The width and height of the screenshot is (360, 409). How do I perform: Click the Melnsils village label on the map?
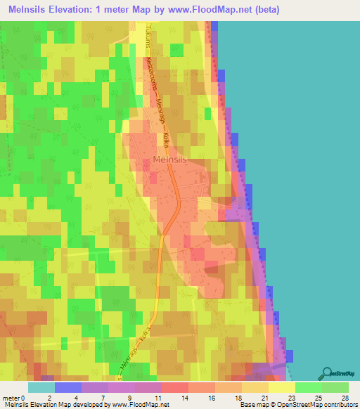[170, 160]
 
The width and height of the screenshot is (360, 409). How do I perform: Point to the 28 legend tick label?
[344, 398]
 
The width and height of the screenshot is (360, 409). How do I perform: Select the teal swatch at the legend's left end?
[41, 387]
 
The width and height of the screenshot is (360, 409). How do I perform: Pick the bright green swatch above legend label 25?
[308, 387]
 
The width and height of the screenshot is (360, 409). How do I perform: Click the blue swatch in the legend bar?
[68, 387]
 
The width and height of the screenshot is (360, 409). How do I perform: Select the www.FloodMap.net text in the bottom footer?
[139, 405]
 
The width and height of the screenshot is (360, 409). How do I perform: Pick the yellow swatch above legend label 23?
[281, 387]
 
